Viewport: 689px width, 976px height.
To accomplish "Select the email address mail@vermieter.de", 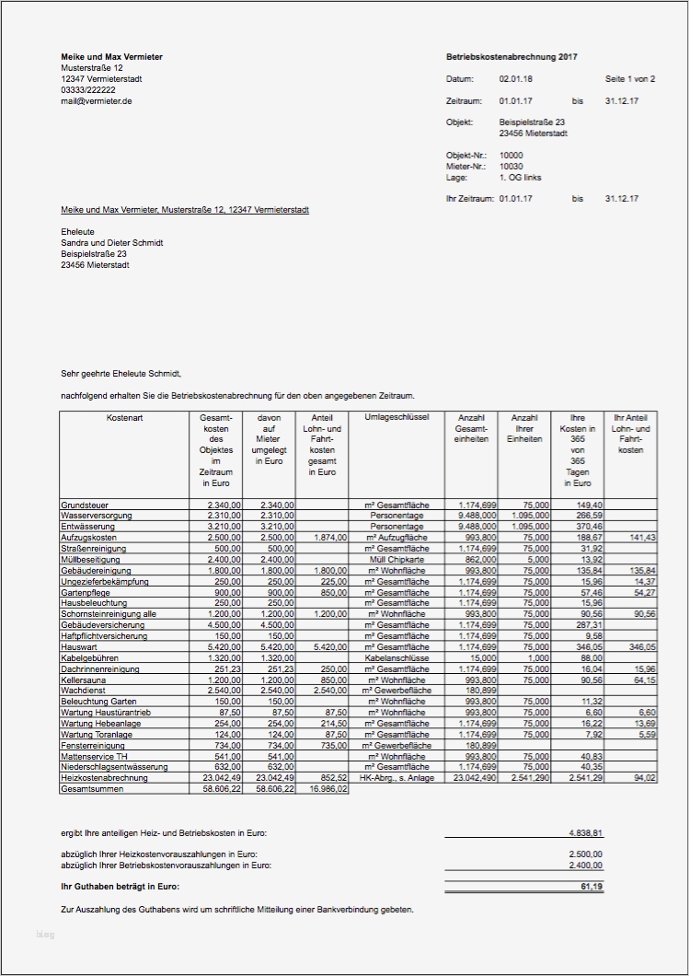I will (97, 101).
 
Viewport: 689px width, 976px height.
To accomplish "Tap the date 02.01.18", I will (515, 79).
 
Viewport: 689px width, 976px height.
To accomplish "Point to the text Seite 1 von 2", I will (630, 79).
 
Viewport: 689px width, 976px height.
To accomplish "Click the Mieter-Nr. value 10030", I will (511, 166).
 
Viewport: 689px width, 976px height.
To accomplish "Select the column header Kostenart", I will (124, 417).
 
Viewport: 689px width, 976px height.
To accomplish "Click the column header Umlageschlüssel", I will (396, 417).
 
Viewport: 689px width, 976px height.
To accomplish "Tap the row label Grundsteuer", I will (86, 505).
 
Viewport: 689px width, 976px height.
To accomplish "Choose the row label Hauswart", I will (79, 648).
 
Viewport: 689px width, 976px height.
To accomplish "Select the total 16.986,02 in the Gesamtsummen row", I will (328, 789).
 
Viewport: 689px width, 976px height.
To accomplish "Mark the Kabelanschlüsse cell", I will (397, 658).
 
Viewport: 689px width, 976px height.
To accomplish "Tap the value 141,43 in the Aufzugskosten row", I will (640, 537).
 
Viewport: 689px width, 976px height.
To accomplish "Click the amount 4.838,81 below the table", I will (585, 833).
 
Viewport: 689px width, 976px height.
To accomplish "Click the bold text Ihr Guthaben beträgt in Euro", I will (120, 886).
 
